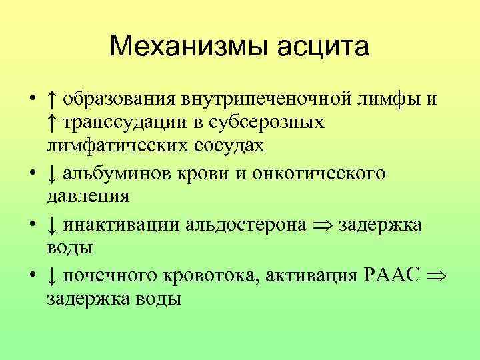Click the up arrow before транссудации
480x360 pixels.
(51, 123)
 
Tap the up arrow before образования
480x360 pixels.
(51, 100)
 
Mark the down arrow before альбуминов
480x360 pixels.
(51, 173)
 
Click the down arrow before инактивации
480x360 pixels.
(51, 224)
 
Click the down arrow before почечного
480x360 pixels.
(51, 274)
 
